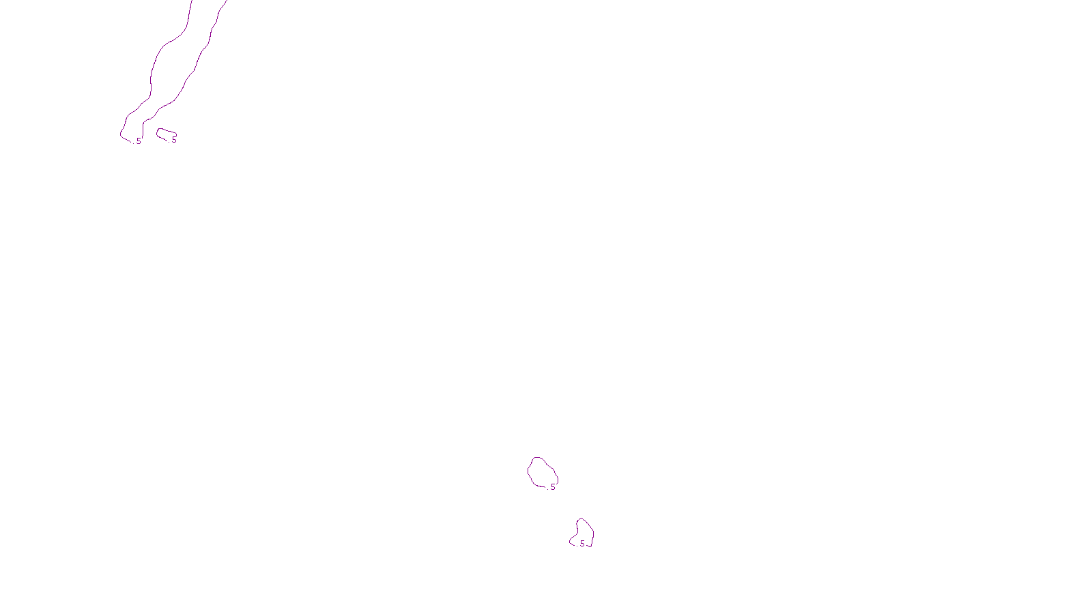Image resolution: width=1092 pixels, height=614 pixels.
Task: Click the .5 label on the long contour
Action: click(139, 141)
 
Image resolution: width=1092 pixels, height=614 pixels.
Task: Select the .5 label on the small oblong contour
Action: click(174, 140)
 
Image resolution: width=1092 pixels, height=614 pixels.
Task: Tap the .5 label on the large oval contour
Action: click(552, 487)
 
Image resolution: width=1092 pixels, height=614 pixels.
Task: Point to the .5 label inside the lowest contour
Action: click(581, 544)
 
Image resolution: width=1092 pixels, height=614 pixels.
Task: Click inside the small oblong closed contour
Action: click(165, 134)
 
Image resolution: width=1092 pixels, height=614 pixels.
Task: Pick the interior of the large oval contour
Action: click(542, 472)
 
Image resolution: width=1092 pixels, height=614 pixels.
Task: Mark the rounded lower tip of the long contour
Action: click(123, 135)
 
